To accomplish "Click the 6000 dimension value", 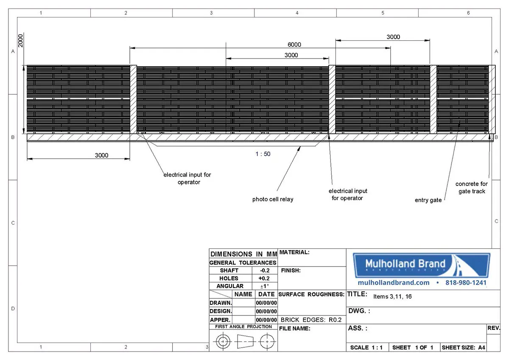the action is [294, 45].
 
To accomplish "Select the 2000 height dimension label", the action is [20, 41].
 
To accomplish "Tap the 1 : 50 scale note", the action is [263, 154].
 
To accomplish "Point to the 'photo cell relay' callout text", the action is [273, 199].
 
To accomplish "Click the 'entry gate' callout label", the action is [428, 200].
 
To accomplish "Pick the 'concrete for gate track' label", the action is [472, 187].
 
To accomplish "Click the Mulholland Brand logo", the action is [422, 265].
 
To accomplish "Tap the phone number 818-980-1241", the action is [466, 283].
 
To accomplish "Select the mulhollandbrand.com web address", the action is [394, 283].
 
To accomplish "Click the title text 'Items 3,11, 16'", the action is [392, 297].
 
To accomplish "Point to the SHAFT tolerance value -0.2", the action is [265, 270].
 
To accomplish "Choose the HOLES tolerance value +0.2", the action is [264, 278].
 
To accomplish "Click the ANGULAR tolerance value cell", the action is [265, 286].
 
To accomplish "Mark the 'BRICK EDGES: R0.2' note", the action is [311, 320].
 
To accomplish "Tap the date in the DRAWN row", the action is [266, 303].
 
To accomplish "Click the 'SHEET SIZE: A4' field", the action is [463, 348].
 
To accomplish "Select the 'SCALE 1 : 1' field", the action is [366, 348].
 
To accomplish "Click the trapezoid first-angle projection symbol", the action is [245, 341].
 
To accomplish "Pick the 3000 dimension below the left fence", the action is [101, 155].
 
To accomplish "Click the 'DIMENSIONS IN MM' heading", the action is [243, 254].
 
